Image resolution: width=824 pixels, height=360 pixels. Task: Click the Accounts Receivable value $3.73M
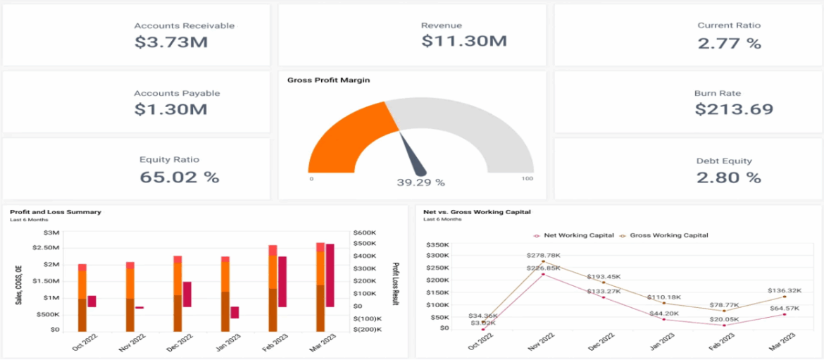[x=171, y=42]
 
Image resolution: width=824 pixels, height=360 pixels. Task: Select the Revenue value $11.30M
[x=464, y=42]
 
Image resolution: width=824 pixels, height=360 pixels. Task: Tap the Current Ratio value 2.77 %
[x=729, y=43]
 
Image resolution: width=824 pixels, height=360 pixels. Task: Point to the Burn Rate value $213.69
[x=734, y=109]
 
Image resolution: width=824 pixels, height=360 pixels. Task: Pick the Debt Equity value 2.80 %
[x=729, y=177]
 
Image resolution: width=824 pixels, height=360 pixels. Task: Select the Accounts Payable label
[x=177, y=93]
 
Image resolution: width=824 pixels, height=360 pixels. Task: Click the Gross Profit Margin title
[x=328, y=80]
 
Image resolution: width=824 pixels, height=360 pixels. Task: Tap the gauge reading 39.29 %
[x=420, y=182]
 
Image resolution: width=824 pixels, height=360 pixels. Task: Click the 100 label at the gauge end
[x=527, y=179]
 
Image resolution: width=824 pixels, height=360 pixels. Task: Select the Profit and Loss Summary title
[x=56, y=211]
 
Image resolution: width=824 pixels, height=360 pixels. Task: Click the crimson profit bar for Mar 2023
[x=330, y=275]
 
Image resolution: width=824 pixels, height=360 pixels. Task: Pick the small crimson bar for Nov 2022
[x=139, y=307]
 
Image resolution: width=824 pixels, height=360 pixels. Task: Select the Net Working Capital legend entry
[x=575, y=235]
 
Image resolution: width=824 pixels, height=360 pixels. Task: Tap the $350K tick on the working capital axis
[x=437, y=243]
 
